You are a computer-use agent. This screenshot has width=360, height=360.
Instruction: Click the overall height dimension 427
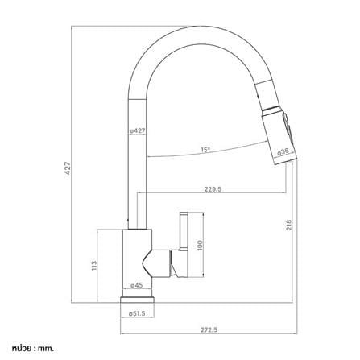[68, 168]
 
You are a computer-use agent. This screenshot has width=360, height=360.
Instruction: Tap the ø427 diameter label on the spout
[137, 131]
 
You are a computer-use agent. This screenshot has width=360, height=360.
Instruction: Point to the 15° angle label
[205, 150]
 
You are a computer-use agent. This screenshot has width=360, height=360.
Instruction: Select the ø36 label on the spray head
[283, 152]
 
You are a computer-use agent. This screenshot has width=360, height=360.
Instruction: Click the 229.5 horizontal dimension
[213, 189]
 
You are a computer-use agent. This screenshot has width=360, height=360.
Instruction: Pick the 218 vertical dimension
[289, 225]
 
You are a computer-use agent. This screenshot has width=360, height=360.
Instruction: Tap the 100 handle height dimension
[200, 246]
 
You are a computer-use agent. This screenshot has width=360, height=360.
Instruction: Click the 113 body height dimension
[94, 265]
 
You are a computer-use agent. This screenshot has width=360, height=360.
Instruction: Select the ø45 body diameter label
[137, 285]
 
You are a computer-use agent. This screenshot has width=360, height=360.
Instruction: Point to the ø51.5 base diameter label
[137, 313]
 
